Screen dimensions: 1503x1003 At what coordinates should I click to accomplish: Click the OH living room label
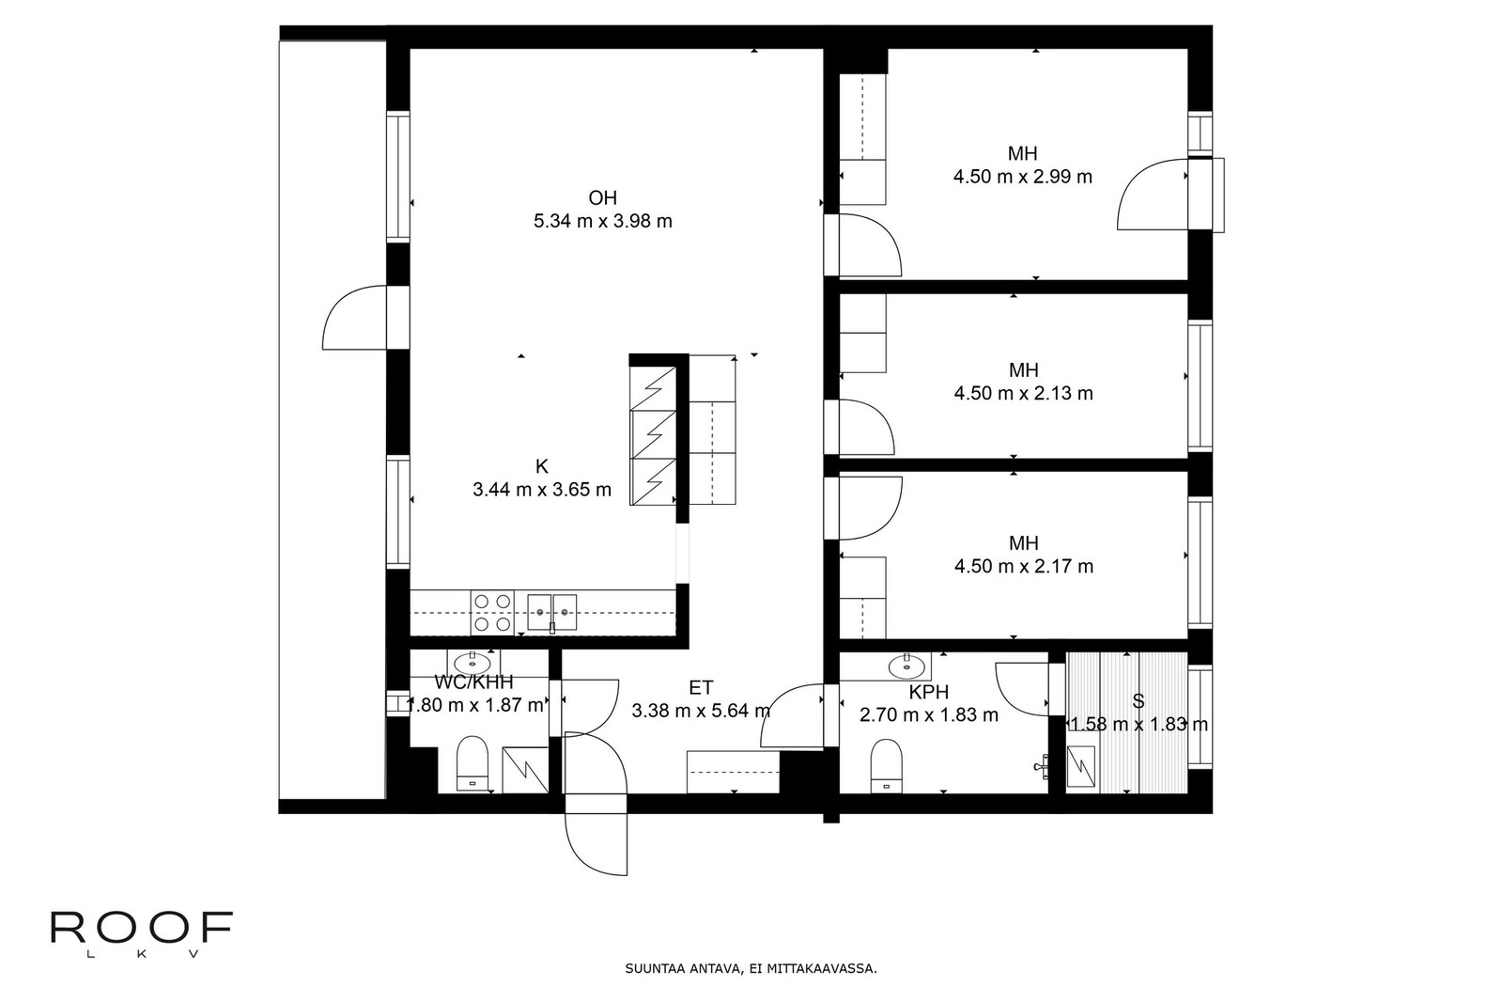point(602,198)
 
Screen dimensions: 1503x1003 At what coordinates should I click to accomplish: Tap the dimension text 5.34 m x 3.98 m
point(602,221)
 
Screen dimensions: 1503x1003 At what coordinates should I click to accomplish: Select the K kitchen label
point(541,466)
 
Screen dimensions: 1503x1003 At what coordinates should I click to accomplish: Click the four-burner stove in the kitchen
point(492,612)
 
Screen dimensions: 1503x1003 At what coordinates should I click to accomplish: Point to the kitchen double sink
point(551,612)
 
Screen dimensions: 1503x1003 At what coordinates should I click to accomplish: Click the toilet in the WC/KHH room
point(473,764)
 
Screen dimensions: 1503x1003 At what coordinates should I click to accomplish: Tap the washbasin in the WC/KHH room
point(473,664)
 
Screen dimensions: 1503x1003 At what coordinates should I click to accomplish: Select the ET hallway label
point(701,687)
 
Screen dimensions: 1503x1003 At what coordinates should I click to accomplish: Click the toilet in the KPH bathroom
point(887,766)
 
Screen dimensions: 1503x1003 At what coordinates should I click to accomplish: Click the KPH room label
point(929,692)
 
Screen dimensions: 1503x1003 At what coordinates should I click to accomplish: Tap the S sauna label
point(1138,701)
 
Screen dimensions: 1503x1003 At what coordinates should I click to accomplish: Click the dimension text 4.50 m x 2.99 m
point(1023,177)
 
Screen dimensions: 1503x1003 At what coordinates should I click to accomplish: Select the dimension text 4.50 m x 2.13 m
point(1023,393)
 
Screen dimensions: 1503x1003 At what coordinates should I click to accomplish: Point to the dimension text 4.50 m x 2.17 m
point(1024,566)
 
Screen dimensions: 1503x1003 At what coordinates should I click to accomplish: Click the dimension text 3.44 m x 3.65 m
point(541,490)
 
